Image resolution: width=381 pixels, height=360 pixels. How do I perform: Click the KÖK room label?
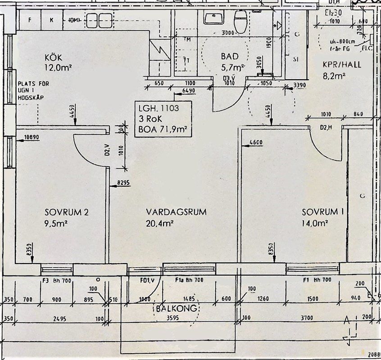[x=53, y=58]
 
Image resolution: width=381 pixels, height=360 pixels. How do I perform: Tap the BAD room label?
[x=229, y=57]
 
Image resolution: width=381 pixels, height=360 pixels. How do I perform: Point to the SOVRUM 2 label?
[x=66, y=212]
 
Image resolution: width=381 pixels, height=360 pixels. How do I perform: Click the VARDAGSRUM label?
[x=176, y=212]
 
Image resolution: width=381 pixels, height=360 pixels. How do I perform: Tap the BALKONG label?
[x=176, y=309]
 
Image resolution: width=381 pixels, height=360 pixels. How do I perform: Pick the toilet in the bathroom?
[x=240, y=19]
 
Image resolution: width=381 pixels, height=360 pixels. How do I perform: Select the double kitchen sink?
[x=99, y=20]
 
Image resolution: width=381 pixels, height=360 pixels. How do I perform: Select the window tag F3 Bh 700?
[x=57, y=280]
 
